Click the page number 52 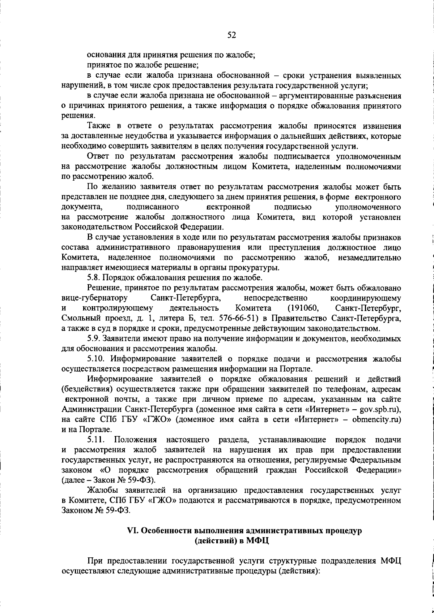[231, 35]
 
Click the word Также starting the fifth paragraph [100, 126]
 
